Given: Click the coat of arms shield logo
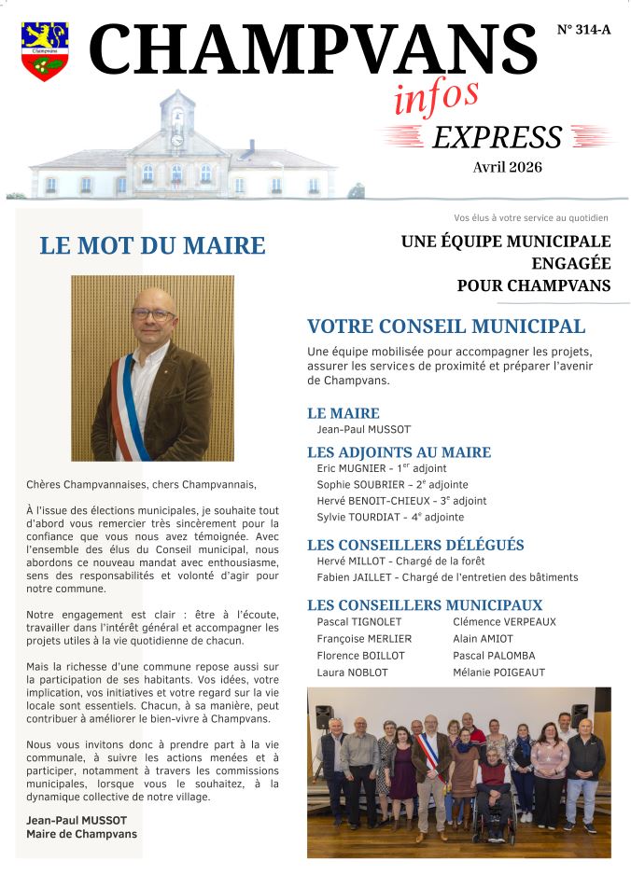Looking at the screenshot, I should (44, 51).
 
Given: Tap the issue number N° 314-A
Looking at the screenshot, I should (583, 30).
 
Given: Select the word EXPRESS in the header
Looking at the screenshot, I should (497, 137).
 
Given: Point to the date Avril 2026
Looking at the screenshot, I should (507, 168).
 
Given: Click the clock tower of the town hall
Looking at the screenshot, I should (176, 121).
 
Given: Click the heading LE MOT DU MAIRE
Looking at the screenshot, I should (152, 246).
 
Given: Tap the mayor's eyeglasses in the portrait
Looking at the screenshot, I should (152, 314).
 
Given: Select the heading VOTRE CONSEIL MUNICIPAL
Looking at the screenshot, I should (446, 326).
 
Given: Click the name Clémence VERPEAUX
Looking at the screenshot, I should (504, 622).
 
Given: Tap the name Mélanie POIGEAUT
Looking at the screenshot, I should (498, 673).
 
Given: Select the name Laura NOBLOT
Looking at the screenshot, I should (353, 673).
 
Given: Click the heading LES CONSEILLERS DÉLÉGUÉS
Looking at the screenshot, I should (415, 545).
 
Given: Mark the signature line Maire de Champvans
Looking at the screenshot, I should (82, 834).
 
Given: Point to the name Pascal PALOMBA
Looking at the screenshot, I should (494, 656).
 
